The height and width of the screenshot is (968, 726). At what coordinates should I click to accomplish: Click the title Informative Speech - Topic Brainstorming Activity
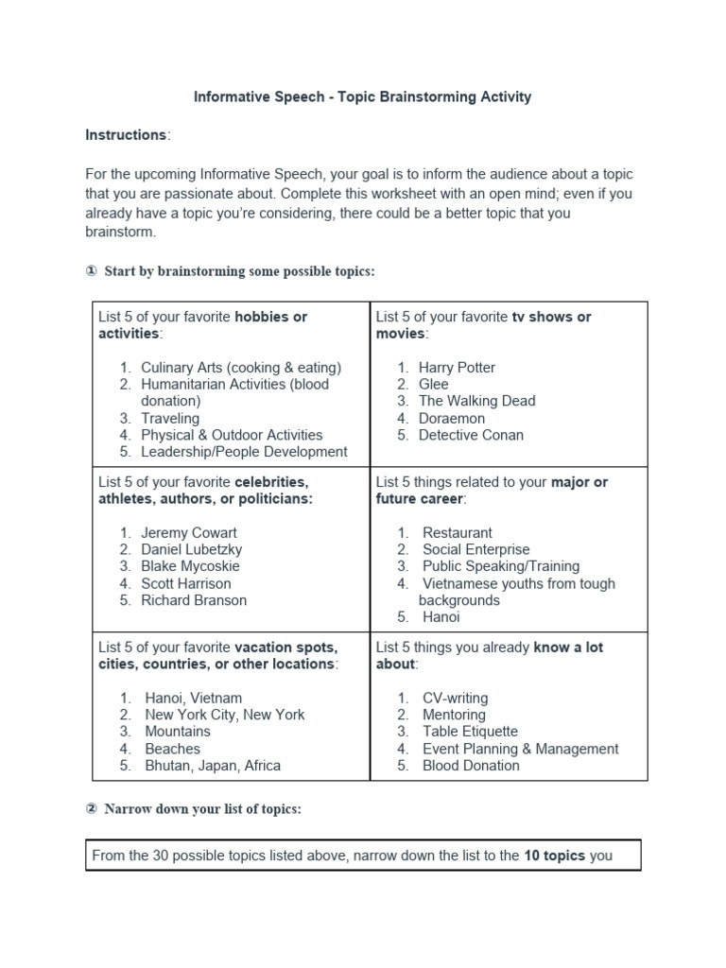[362, 96]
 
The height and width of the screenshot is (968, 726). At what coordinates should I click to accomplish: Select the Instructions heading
[126, 135]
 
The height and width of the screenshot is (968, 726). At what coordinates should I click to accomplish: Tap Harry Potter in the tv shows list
[457, 368]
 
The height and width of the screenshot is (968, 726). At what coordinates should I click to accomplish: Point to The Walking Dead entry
[476, 401]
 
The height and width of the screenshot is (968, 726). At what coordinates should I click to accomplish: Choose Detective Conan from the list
[471, 435]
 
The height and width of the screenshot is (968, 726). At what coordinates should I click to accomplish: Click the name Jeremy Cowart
[189, 533]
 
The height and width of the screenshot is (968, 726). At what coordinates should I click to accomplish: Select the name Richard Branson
[194, 600]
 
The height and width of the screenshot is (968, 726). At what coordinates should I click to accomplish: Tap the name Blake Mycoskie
[190, 566]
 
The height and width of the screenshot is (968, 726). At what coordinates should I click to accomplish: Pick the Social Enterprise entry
[475, 550]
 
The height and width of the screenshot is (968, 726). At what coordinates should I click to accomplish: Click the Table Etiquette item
[470, 732]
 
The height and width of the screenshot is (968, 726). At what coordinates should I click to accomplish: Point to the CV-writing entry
[455, 699]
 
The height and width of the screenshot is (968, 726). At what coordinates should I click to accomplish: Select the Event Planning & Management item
[520, 749]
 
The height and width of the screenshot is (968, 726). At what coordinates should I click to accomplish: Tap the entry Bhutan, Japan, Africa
[213, 766]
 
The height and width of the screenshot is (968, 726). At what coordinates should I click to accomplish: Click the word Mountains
[178, 732]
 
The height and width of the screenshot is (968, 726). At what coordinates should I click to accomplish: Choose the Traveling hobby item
[170, 419]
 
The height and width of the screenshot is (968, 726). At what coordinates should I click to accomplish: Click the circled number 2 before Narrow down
[92, 810]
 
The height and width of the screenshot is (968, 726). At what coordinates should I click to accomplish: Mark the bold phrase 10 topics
[554, 856]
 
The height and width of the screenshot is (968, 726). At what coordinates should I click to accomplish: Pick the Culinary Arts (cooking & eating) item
[241, 368]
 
